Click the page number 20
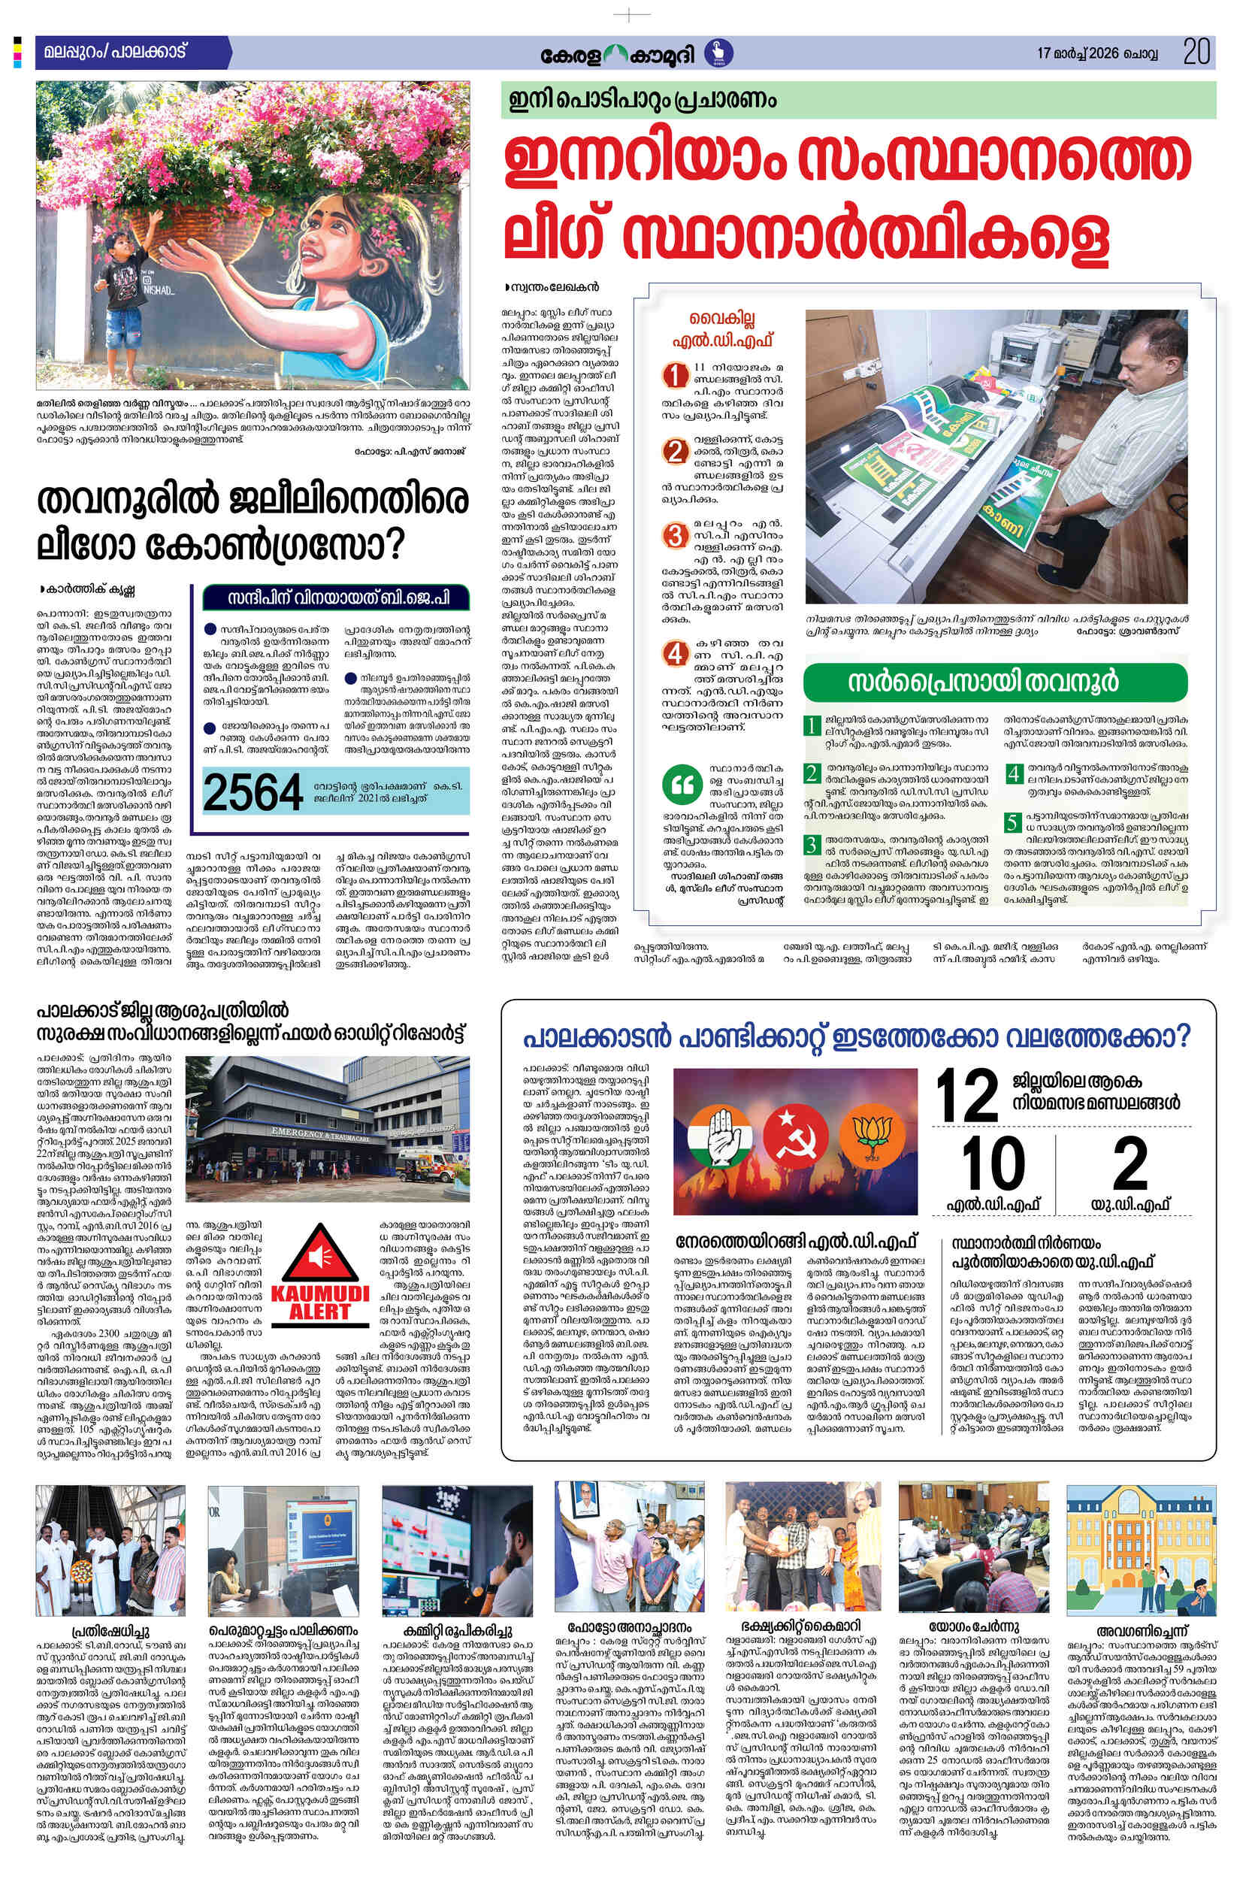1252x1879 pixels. [1197, 53]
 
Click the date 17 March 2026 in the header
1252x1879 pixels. [1097, 54]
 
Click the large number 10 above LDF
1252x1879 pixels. [993, 1163]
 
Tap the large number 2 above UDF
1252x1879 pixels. [1130, 1163]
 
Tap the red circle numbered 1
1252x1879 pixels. [677, 374]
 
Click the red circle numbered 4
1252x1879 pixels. [676, 653]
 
